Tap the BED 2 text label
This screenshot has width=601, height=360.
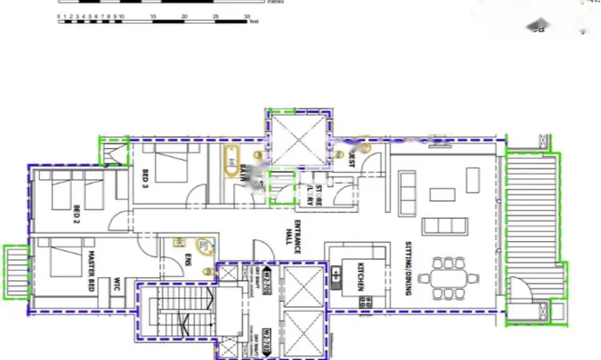(77, 215)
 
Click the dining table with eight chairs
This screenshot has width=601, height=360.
(448, 276)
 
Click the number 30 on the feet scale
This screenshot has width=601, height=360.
(248, 16)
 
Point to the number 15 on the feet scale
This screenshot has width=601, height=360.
(154, 16)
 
